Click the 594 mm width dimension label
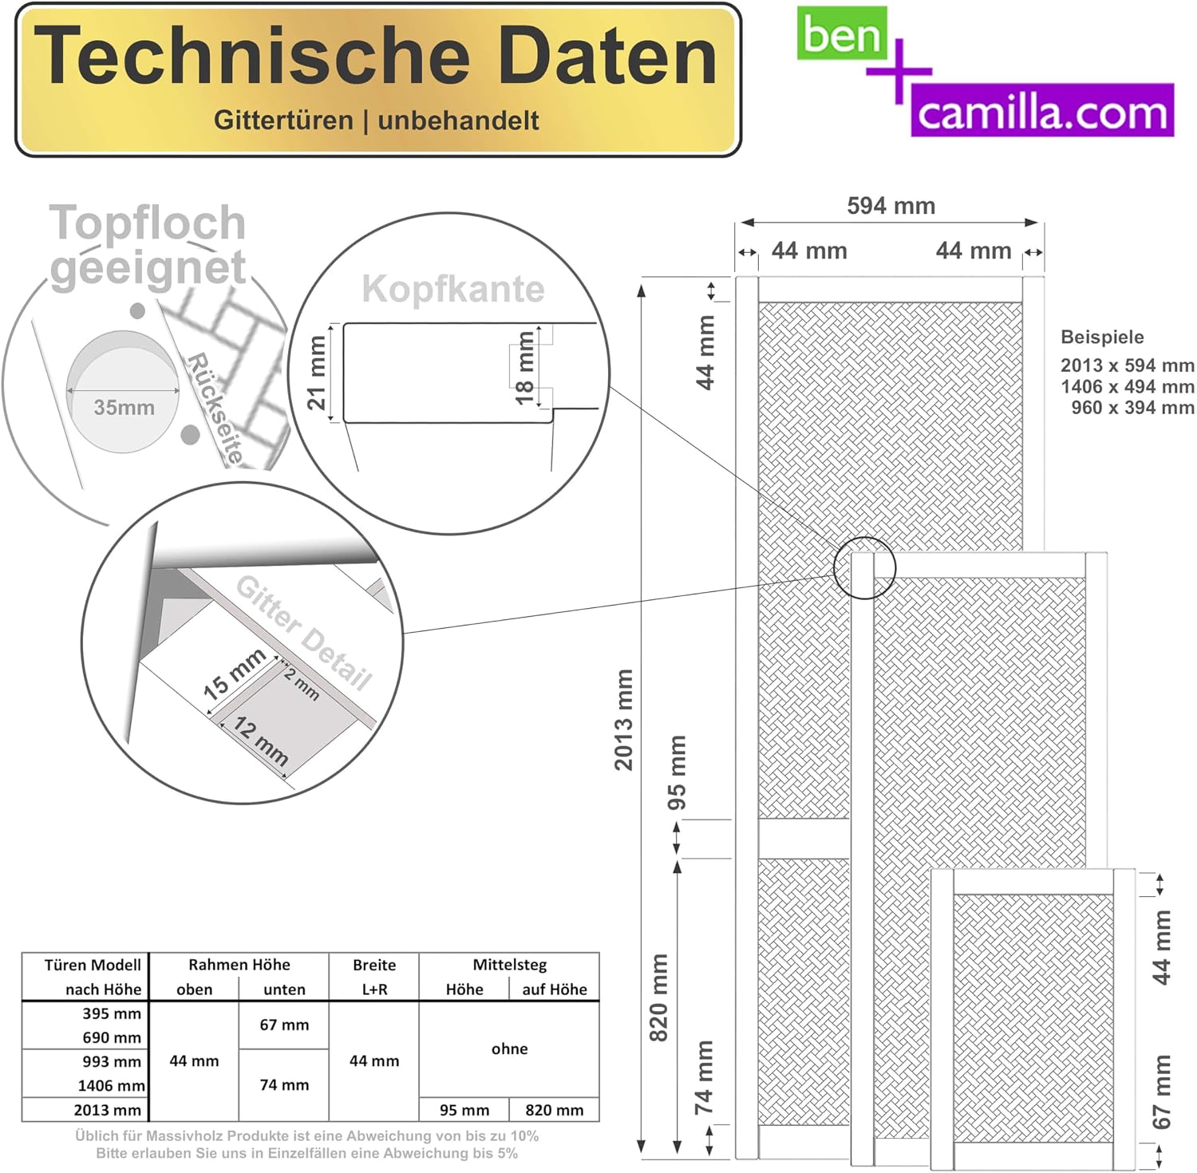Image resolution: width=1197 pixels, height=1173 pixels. pos(891,206)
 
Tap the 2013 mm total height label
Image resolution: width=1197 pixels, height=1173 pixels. pos(623,720)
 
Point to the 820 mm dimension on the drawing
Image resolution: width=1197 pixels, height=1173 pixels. pos(658,997)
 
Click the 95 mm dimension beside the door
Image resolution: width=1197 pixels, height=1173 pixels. pos(676,772)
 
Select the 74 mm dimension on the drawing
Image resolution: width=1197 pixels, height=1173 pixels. pos(703,1077)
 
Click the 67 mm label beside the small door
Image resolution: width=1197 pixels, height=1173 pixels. pos(1162,1092)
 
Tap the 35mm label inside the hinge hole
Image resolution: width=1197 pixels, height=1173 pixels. pos(124,407)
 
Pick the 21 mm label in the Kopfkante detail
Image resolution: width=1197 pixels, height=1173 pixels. pos(317,373)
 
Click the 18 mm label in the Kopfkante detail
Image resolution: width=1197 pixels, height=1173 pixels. pos(524,368)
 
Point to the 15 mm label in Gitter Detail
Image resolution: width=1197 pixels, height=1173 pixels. pos(234,674)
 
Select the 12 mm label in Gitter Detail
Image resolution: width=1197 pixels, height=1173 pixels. pos(261,741)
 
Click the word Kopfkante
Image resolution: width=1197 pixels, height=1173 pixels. pos(453,288)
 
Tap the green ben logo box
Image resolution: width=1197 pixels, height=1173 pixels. pos(842,34)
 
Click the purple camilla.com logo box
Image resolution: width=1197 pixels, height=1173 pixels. pos(1042,110)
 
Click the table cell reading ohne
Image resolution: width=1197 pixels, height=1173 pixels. pos(509,1049)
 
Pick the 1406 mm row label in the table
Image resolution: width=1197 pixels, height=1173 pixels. pos(111,1085)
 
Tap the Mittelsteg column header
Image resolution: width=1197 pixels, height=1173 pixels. pos(509,965)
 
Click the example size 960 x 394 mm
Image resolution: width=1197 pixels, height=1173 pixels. pos(1132,407)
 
